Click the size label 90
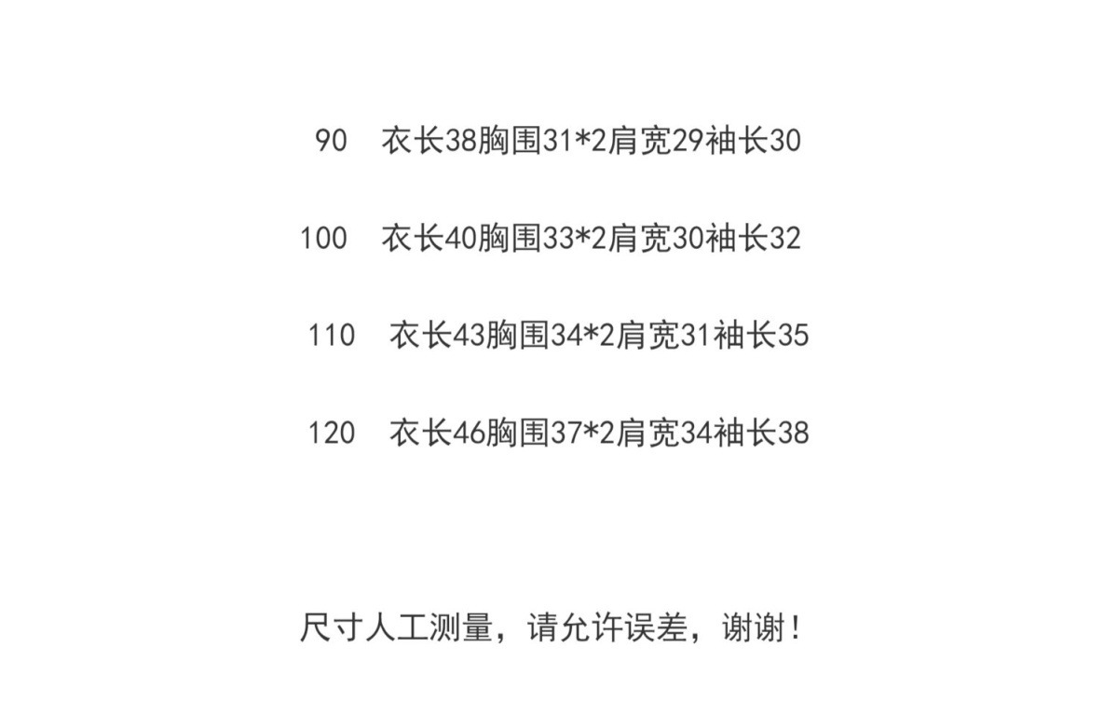pos(331,141)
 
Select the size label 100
pos(323,239)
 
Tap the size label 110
pos(332,335)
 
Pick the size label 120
pos(332,433)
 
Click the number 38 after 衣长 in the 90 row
pos(461,141)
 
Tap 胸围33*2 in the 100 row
pos(542,239)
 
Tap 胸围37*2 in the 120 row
pos(551,433)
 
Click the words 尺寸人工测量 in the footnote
pos(395,627)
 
